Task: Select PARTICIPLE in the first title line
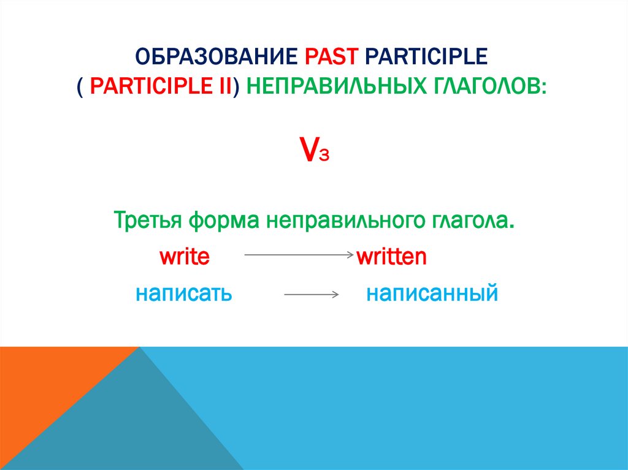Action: click(x=426, y=58)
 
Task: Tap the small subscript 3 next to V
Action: click(x=325, y=156)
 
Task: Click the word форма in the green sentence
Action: click(x=224, y=219)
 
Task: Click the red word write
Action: click(x=185, y=256)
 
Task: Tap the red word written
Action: click(x=391, y=256)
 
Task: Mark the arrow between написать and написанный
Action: click(x=312, y=295)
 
